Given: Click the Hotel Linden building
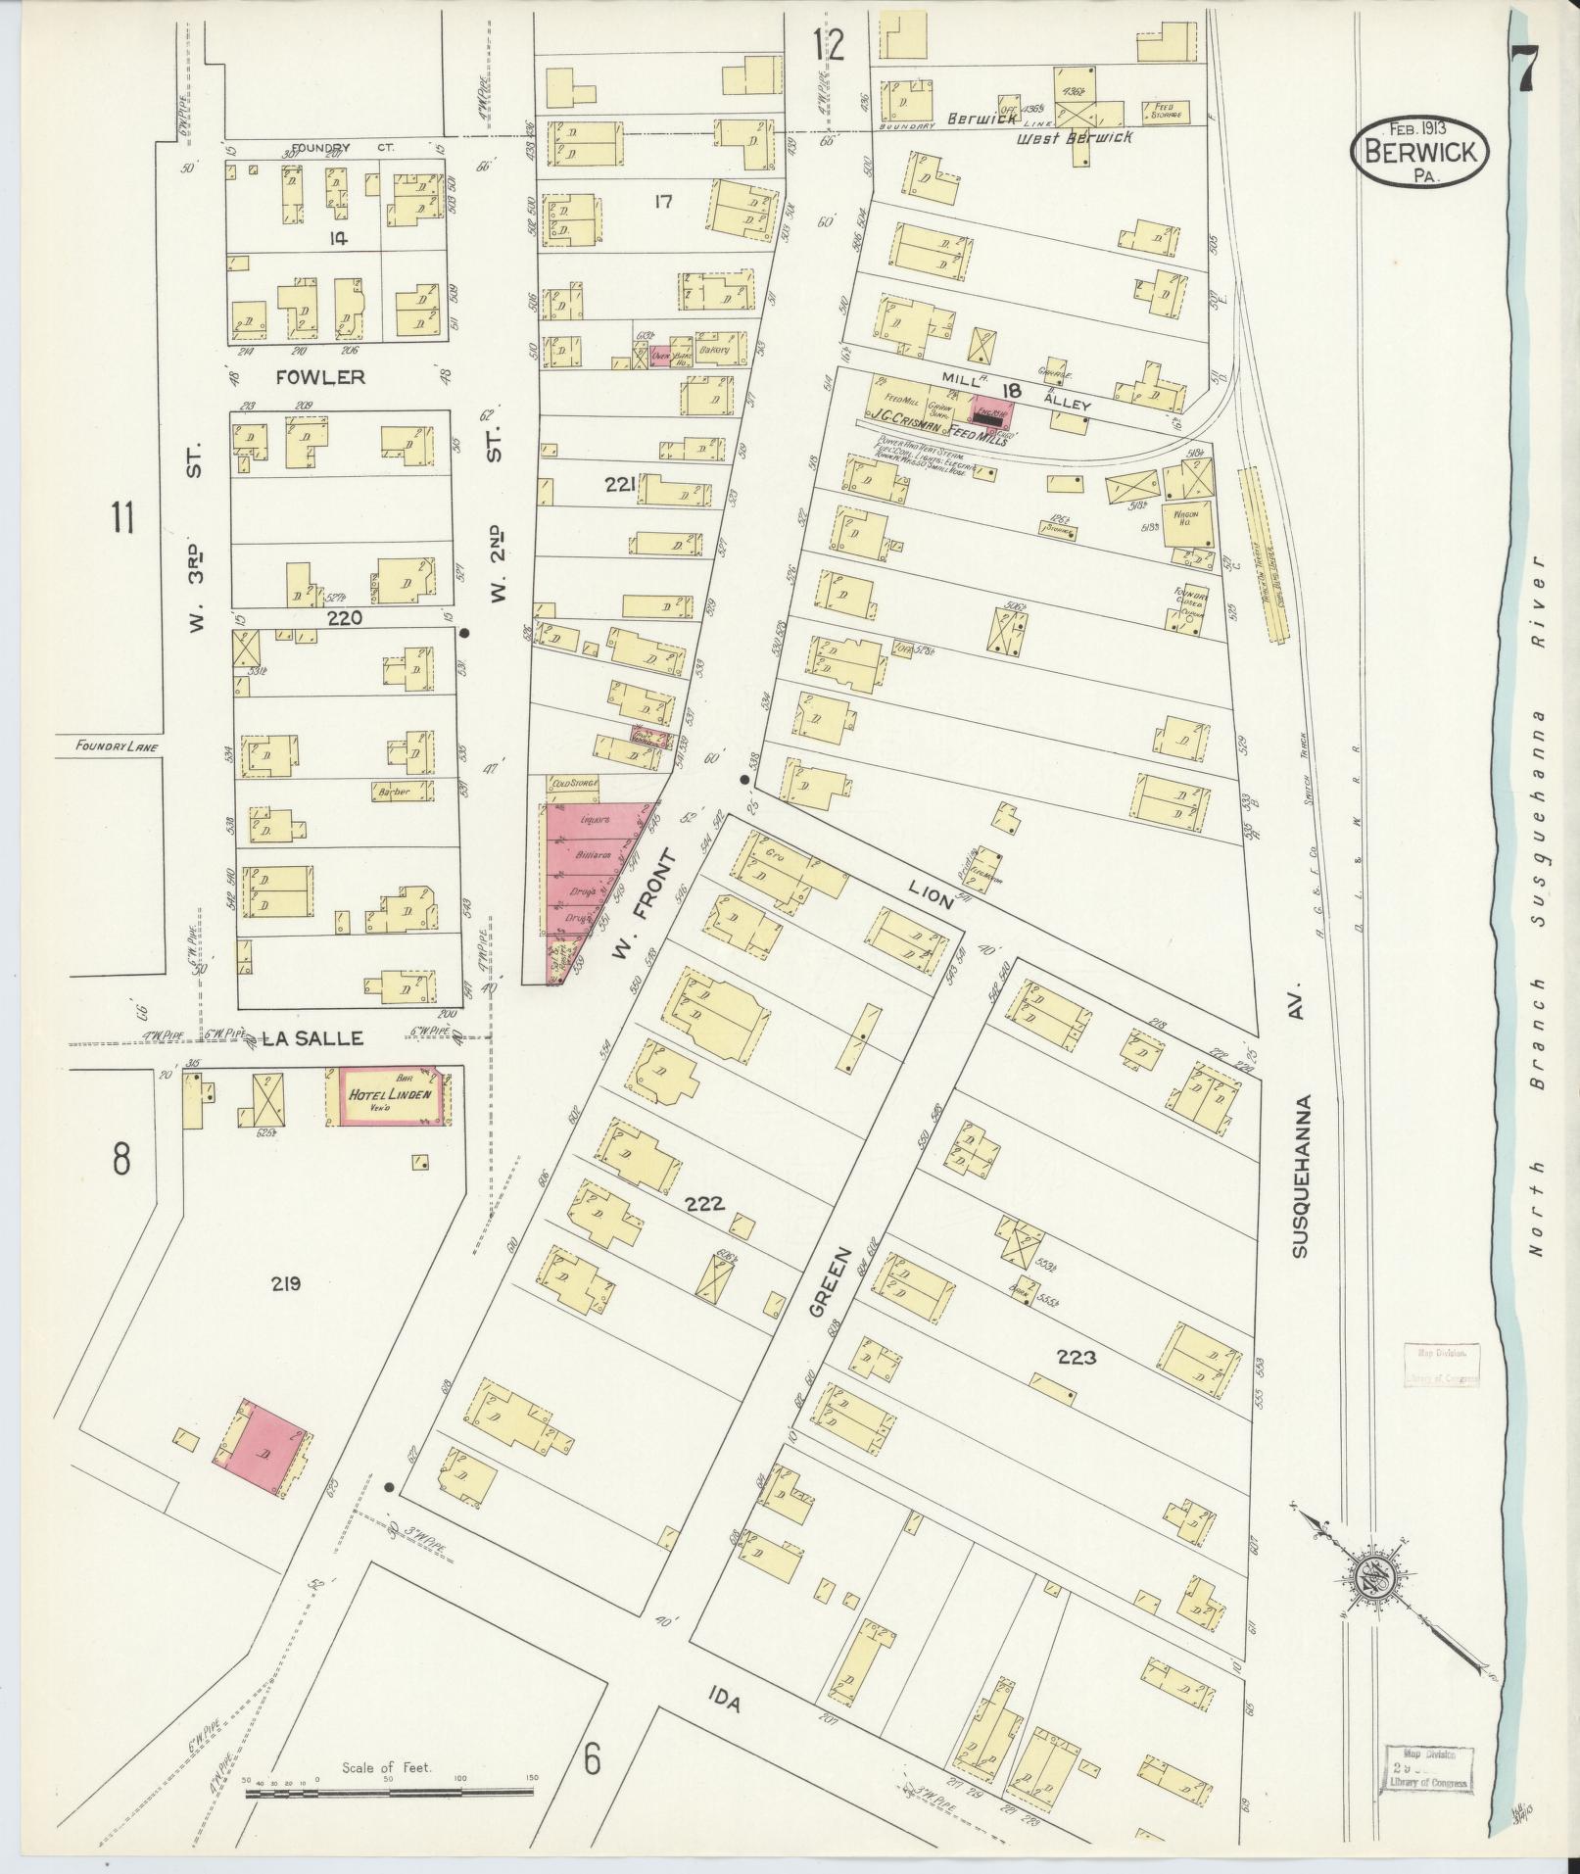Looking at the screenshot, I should point(389,1096).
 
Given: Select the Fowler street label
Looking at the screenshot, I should point(307,376).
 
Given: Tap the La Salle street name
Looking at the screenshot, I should point(304,1037).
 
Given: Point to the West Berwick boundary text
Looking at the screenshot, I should point(1074,137).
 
